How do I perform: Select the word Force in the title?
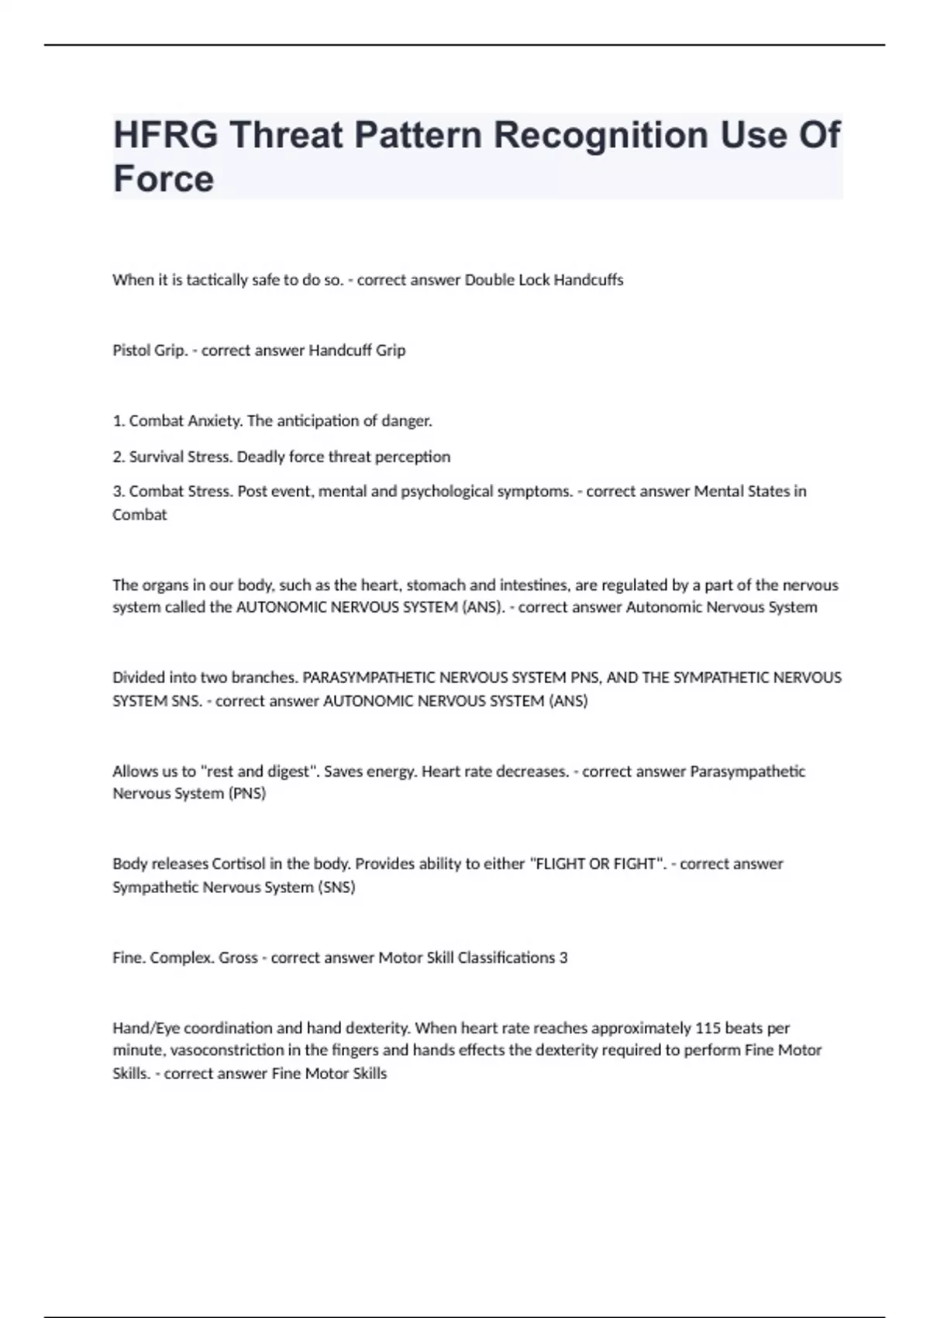(x=164, y=179)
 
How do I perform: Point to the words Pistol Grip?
(x=150, y=350)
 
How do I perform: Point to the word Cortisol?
(x=239, y=864)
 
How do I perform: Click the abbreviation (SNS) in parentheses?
(x=336, y=887)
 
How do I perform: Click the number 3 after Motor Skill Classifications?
(x=563, y=957)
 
